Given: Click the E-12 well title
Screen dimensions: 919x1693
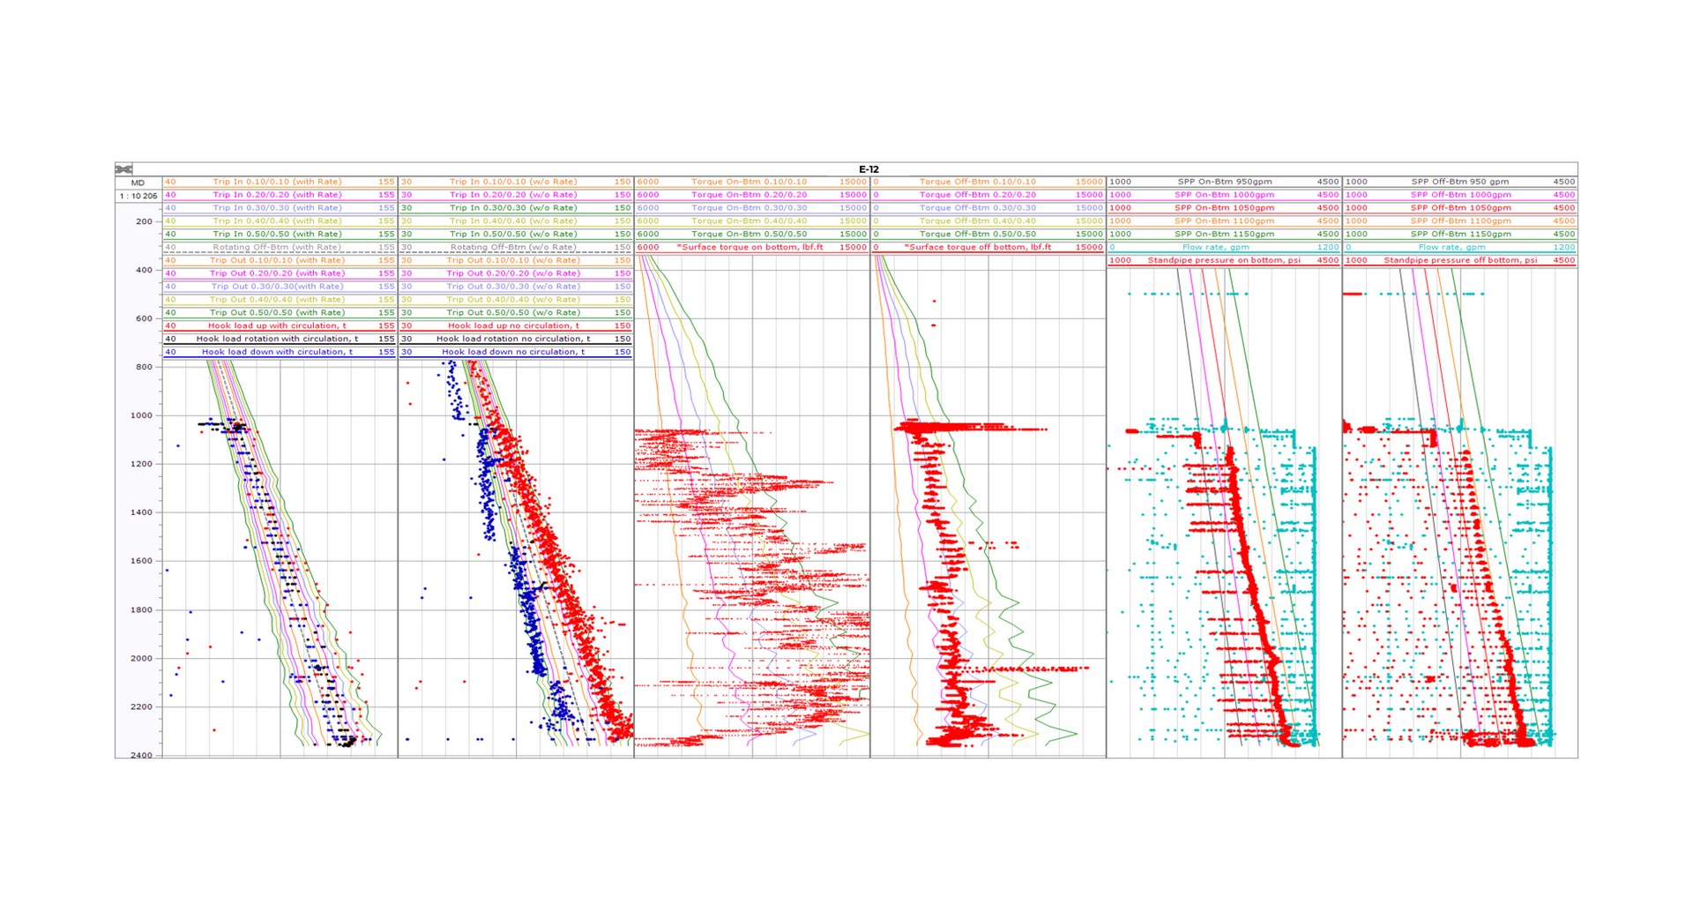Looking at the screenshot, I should click(x=868, y=169).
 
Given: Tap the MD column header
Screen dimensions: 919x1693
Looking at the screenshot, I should click(x=138, y=183).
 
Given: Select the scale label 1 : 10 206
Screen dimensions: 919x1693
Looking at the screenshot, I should click(x=138, y=196).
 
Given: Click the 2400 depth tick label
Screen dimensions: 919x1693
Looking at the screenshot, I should click(x=141, y=756).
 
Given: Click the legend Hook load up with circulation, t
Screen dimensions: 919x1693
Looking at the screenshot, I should click(x=277, y=325).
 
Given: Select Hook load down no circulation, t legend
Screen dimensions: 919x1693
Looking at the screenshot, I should click(x=513, y=352).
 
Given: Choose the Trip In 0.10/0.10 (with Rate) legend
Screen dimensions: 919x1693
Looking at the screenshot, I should click(x=277, y=182).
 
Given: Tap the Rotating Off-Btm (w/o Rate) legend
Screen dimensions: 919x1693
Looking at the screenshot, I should click(x=513, y=247).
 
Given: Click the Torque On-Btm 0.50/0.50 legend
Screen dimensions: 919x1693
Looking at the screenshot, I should click(x=749, y=234).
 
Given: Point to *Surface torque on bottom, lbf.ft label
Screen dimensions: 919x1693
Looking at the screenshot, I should click(x=750, y=247).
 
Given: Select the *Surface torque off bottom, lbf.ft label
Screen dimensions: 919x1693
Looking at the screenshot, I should click(x=979, y=247).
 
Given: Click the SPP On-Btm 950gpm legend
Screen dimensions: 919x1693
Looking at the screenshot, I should click(x=1224, y=182).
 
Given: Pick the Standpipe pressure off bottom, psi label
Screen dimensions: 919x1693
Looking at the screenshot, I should click(x=1459, y=260).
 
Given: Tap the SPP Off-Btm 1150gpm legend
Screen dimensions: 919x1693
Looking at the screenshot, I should click(x=1460, y=234).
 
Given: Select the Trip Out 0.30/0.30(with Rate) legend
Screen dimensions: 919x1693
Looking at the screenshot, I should click(x=277, y=286).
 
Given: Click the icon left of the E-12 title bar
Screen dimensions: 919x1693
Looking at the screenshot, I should click(x=123, y=169).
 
